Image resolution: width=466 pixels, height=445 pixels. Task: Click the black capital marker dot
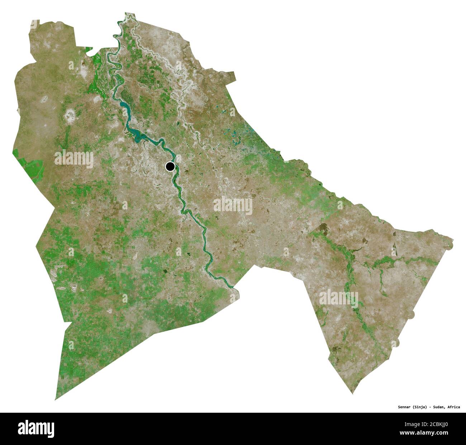(x=170, y=166)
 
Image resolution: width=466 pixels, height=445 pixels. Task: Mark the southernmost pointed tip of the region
(x=56, y=399)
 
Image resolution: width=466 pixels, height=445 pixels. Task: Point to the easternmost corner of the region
(x=452, y=241)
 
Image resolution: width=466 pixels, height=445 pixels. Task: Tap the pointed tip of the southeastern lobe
(x=353, y=393)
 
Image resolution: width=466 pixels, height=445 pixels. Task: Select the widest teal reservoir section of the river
(x=137, y=135)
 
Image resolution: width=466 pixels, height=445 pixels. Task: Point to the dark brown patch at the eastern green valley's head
(x=323, y=227)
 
